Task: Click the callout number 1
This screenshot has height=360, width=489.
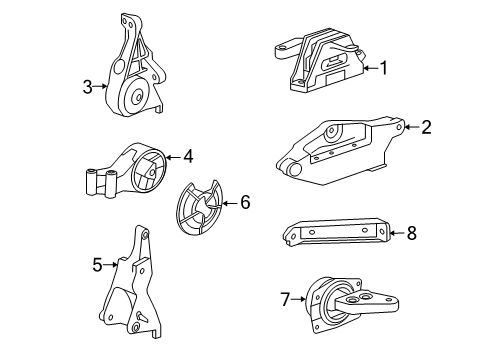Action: pos(382,68)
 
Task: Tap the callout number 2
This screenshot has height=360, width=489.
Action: pos(426,127)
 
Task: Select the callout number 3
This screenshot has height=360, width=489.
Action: pos(88,86)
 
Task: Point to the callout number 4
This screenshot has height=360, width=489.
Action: pos(187,155)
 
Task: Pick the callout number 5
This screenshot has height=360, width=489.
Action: pos(98,265)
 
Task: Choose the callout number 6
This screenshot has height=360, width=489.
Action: pos(245,202)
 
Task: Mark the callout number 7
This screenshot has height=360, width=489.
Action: pos(285,297)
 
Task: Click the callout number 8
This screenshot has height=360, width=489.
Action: pos(410,233)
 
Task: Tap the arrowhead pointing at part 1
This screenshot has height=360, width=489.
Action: pos(361,68)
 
